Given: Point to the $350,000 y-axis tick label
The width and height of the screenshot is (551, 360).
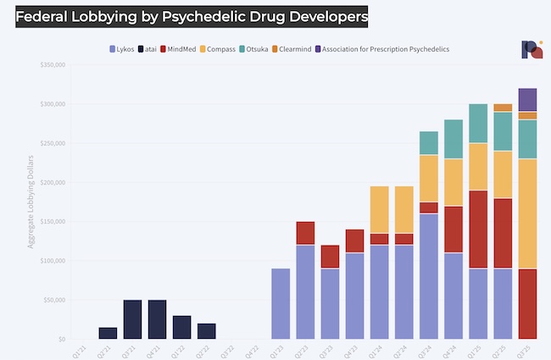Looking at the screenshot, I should pyautogui.click(x=49, y=65).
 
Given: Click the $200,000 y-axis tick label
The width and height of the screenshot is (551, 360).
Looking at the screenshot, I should pyautogui.click(x=49, y=183).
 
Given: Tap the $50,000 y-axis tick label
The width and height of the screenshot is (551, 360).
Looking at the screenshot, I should pyautogui.click(x=51, y=300).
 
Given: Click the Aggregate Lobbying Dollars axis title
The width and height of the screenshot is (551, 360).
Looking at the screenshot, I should pyautogui.click(x=31, y=202).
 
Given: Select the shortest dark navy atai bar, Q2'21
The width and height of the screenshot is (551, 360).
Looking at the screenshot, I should pyautogui.click(x=108, y=333).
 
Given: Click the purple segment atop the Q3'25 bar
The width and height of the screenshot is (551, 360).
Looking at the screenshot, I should pyautogui.click(x=527, y=99).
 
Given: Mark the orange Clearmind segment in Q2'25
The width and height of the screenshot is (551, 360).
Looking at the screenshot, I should pyautogui.click(x=503, y=108).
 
